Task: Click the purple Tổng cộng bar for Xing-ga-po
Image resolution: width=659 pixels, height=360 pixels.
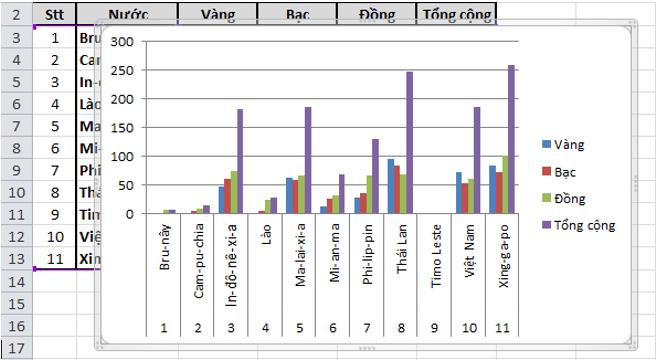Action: coord(511,139)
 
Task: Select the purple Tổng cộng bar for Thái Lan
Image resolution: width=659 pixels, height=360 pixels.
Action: coord(409,142)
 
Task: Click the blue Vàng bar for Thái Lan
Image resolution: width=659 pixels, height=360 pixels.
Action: coord(391,186)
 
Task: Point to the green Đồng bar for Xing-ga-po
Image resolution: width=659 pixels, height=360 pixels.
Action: coord(505,184)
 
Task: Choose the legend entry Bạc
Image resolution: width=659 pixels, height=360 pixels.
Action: coord(567,172)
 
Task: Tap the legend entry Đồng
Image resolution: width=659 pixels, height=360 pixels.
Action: coord(570,198)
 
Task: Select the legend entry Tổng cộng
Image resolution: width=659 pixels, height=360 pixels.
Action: coord(585,225)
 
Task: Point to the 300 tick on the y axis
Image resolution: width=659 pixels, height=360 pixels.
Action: coord(123,42)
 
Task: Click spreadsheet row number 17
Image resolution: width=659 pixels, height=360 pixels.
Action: coord(16,347)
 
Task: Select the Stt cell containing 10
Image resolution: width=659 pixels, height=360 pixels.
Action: coord(54,237)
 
